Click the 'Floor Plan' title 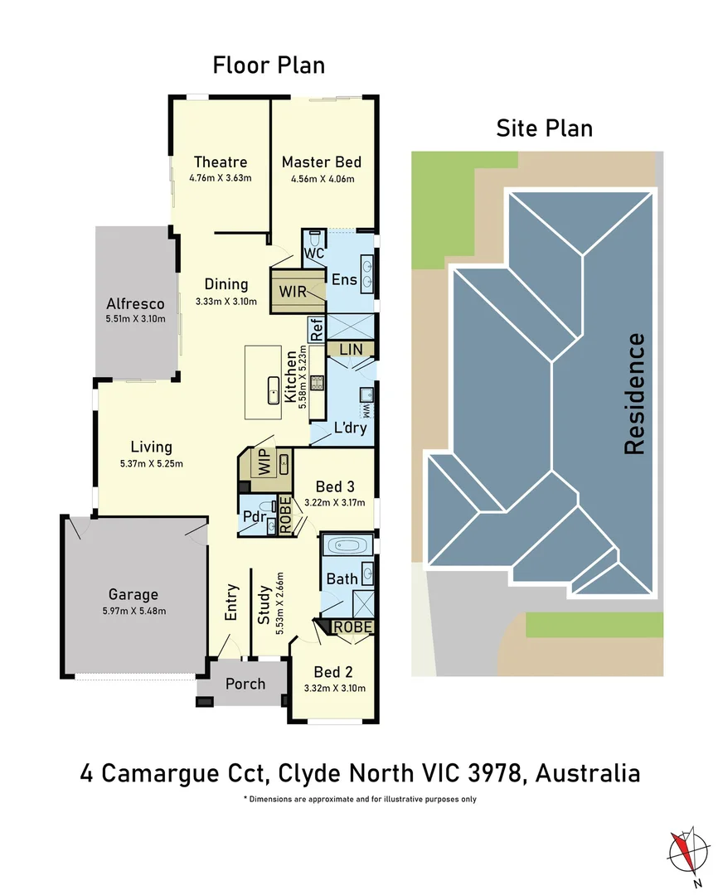pos(269,65)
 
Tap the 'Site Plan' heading pos(544,128)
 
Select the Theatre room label pos(221,162)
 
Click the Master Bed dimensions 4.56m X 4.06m pos(322,178)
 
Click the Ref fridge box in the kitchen pos(317,330)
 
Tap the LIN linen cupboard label pos(351,350)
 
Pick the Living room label pos(151,447)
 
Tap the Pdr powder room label pos(254,519)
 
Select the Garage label pos(133,594)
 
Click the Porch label pos(245,684)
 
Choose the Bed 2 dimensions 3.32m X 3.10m pos(335,688)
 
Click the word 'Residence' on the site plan pos(634,393)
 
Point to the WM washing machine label pos(366,410)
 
